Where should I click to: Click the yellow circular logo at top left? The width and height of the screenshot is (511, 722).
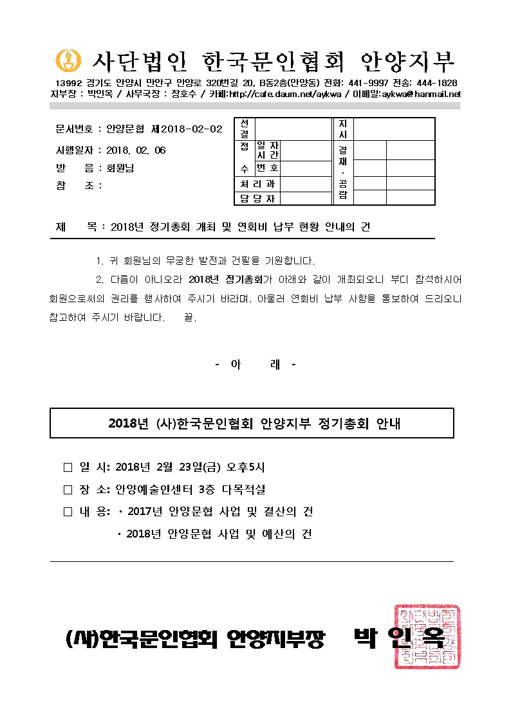click(66, 60)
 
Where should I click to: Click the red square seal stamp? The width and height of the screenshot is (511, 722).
click(427, 636)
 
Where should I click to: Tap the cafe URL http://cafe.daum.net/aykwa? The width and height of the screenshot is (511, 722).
click(275, 94)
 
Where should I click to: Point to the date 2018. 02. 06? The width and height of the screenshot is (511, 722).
click(136, 150)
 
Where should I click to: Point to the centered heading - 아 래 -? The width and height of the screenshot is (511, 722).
click(255, 365)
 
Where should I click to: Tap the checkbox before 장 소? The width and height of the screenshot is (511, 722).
click(68, 489)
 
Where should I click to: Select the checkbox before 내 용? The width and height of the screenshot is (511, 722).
click(68, 512)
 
